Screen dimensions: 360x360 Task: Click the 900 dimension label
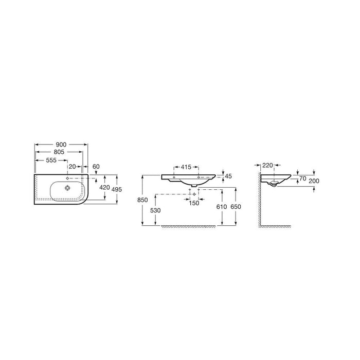coord(61,145)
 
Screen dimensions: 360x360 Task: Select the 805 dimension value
coord(59,152)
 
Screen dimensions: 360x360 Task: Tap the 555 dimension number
coord(51,160)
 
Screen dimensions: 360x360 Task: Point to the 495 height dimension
coord(117,189)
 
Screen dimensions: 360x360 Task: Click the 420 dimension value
coord(104,187)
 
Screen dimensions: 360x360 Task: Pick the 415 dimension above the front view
coord(186,167)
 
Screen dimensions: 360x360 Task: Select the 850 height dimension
coord(142,200)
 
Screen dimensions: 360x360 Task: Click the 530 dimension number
coord(155,210)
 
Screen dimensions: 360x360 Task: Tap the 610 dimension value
coord(222,207)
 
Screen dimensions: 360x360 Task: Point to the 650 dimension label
coord(236,207)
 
